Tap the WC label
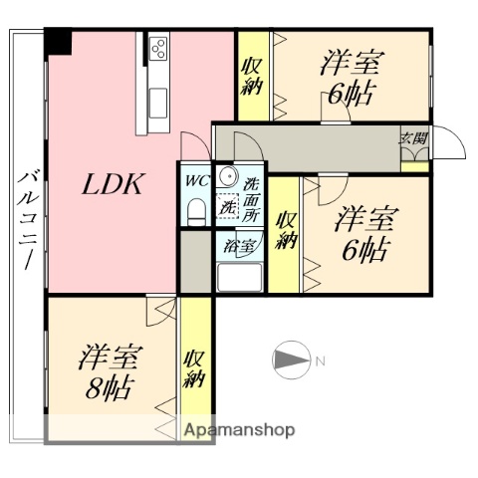point(194,181)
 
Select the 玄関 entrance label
point(413,138)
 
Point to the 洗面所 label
point(254,199)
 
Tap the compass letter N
point(321,359)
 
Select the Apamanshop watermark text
point(239,430)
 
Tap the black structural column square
point(60,42)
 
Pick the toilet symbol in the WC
point(195,209)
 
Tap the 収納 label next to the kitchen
point(249,77)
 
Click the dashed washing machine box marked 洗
point(229,209)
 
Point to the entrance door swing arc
point(453,145)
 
